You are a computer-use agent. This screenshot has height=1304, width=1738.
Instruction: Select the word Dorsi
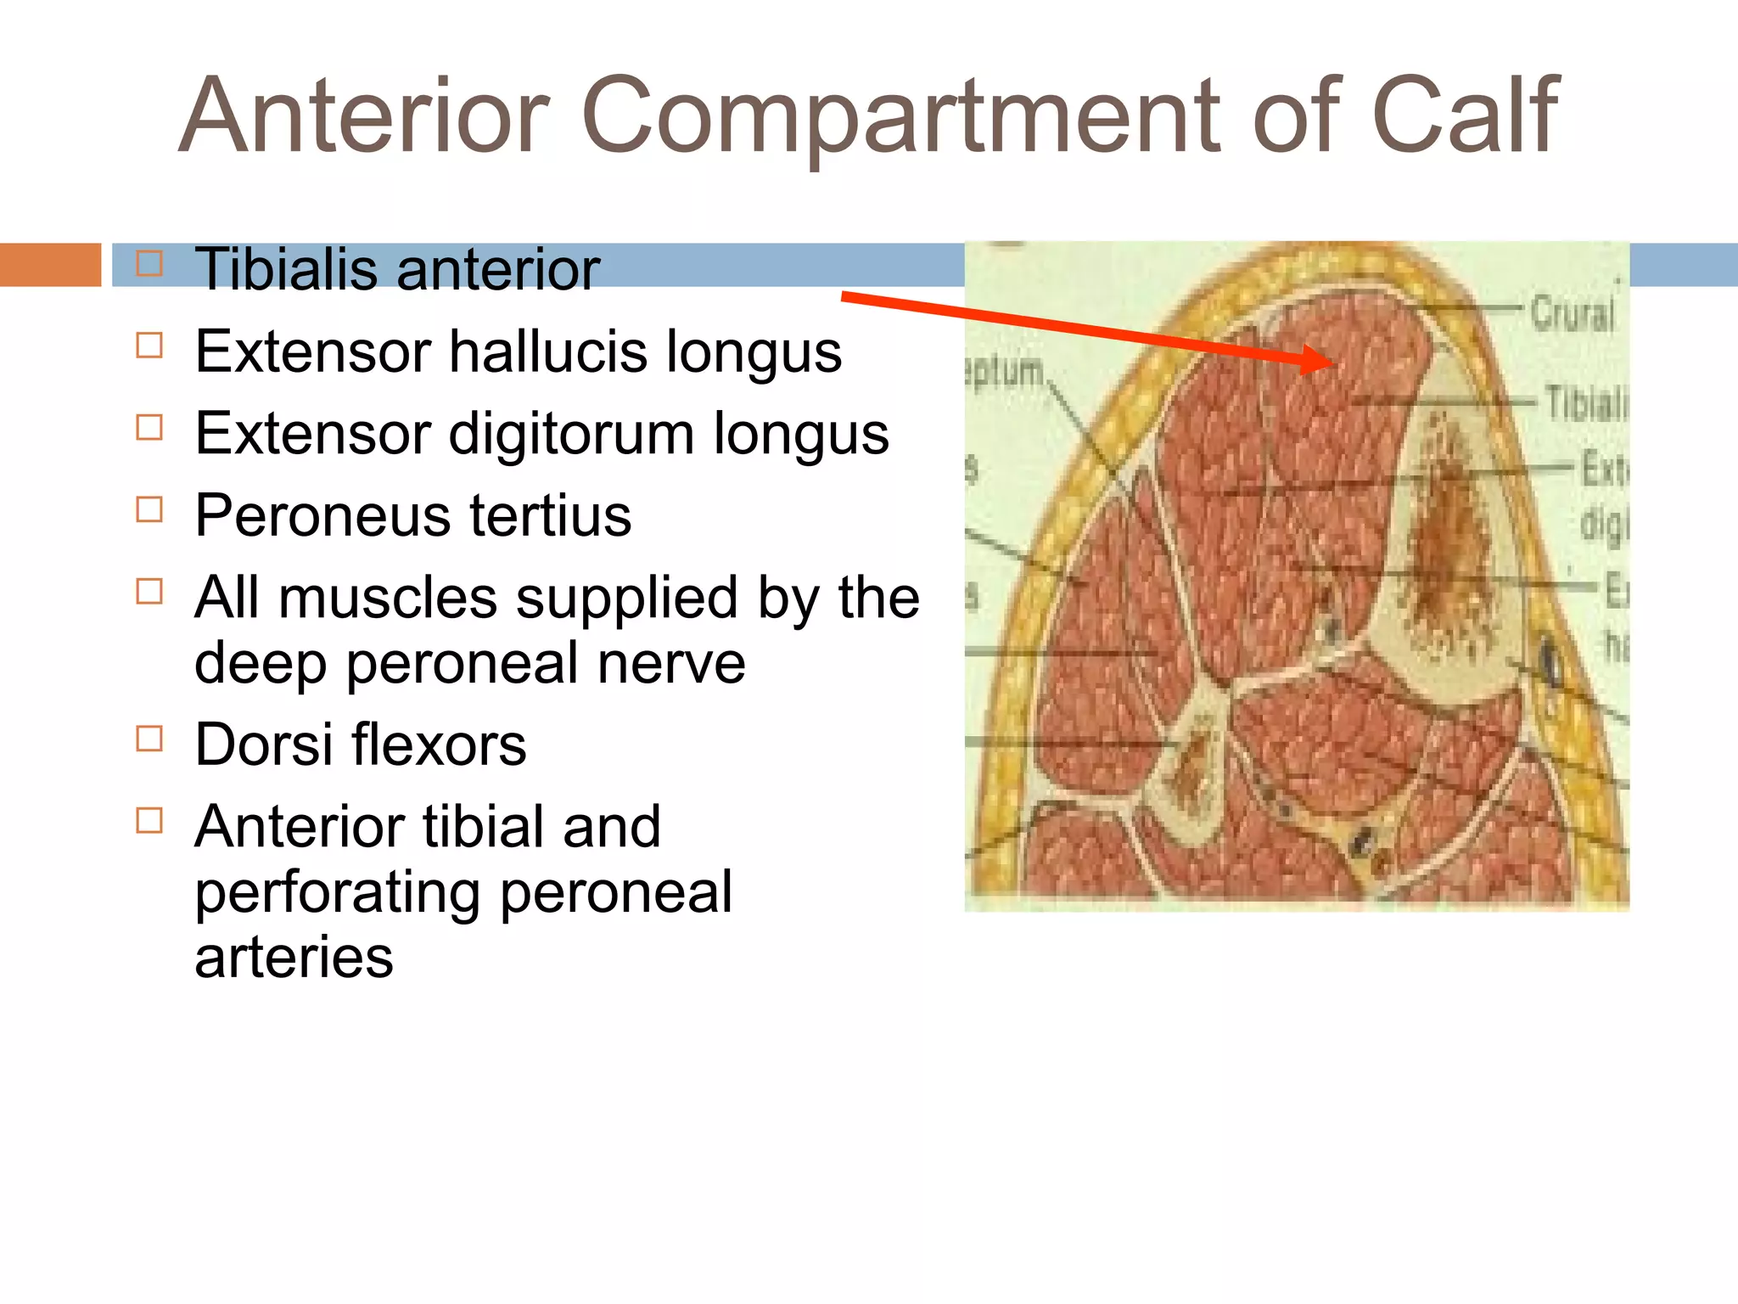pyautogui.click(x=262, y=745)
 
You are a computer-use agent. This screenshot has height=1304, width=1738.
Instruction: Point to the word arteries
pyautogui.click(x=294, y=957)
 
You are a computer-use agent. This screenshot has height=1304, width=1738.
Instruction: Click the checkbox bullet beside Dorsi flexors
pyautogui.click(x=149, y=739)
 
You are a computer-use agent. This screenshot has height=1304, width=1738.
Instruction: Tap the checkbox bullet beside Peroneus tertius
pyautogui.click(x=149, y=509)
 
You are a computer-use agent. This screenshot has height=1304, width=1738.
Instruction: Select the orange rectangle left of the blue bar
pyautogui.click(x=50, y=264)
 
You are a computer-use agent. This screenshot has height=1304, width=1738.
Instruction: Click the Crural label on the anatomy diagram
pyautogui.click(x=1572, y=314)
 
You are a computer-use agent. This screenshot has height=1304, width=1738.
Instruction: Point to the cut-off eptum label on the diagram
pyautogui.click(x=1004, y=372)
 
